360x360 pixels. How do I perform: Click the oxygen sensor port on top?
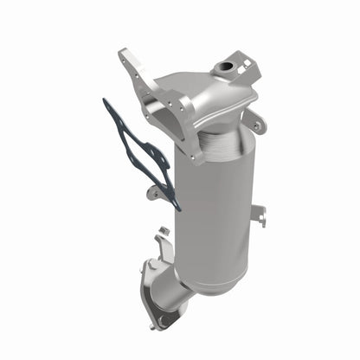[x=228, y=66]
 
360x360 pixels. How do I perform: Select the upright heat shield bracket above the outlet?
[x=161, y=247]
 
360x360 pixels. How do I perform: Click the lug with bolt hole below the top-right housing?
[x=257, y=122]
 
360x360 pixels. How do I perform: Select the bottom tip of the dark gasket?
[x=177, y=207]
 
